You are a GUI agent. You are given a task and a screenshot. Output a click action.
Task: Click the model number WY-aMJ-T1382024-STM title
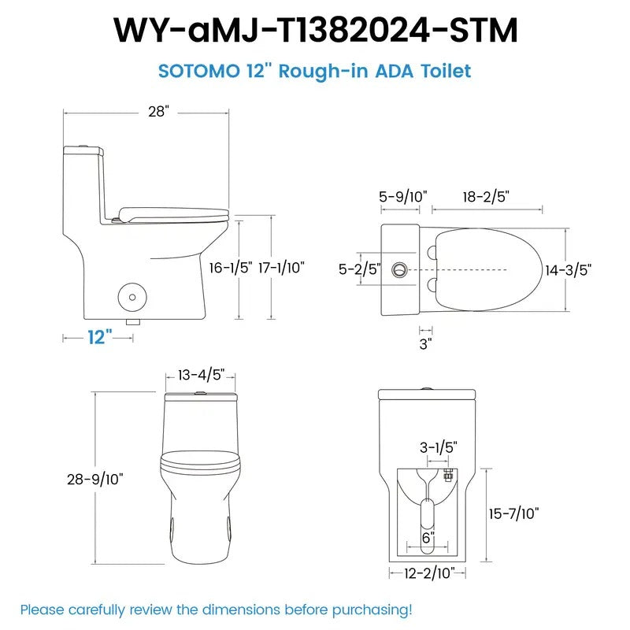(x=315, y=30)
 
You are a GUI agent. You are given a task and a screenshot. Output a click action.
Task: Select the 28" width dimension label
(x=158, y=112)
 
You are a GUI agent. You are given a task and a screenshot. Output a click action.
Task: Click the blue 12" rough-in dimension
(x=98, y=337)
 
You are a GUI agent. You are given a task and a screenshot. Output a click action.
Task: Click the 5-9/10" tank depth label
(x=402, y=196)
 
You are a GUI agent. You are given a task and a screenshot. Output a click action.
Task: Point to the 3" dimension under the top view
(x=425, y=343)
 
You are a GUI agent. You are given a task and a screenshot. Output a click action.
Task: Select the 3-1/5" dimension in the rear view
(x=438, y=447)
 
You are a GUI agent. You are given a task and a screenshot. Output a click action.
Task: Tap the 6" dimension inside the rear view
(x=427, y=537)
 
